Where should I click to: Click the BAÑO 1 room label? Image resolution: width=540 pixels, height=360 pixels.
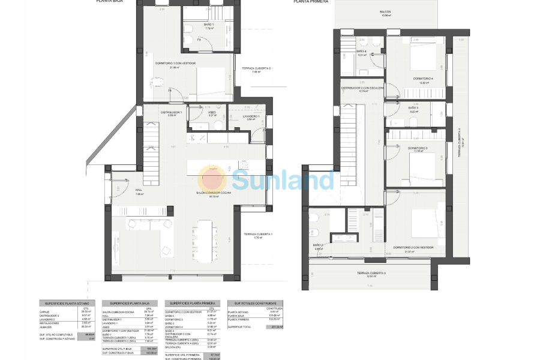[x=209, y=25]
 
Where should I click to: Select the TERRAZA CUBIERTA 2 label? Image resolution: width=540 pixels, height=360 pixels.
[x=256, y=68]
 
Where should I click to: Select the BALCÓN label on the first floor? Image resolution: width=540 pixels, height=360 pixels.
[x=385, y=12]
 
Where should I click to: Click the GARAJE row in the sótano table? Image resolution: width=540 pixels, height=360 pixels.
[x=45, y=312]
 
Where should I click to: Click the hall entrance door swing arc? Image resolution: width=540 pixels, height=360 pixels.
[x=118, y=191]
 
